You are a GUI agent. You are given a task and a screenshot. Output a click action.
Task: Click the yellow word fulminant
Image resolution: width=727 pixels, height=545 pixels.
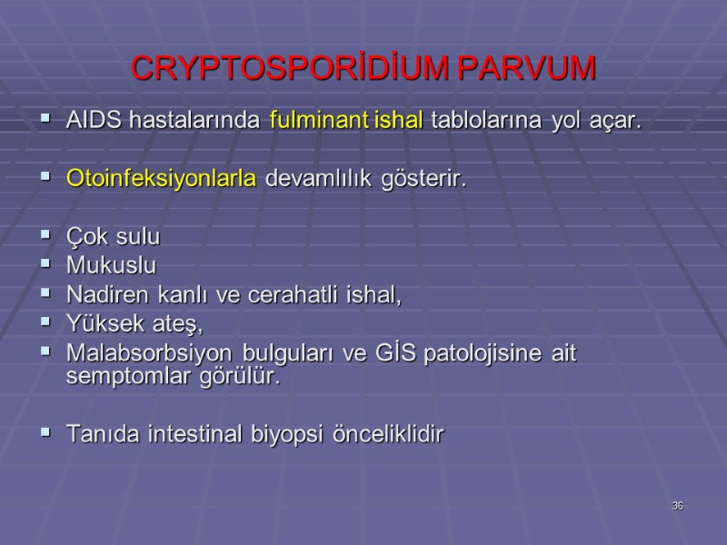tap(320, 120)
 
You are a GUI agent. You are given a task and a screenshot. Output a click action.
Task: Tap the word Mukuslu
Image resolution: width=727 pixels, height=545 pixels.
tap(111, 267)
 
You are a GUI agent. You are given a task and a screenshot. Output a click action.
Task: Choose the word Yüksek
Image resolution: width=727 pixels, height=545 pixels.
tap(99, 322)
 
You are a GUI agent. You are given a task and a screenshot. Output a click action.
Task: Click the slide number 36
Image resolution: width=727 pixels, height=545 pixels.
tap(677, 505)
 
